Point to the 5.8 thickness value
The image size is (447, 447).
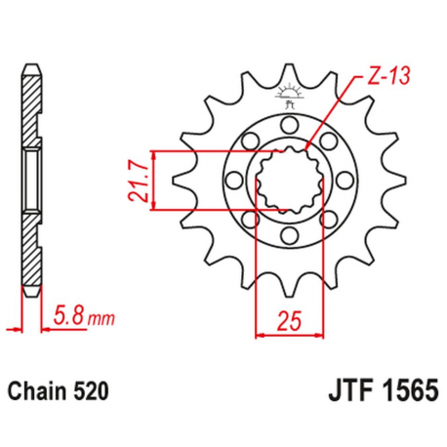pos(68,317)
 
